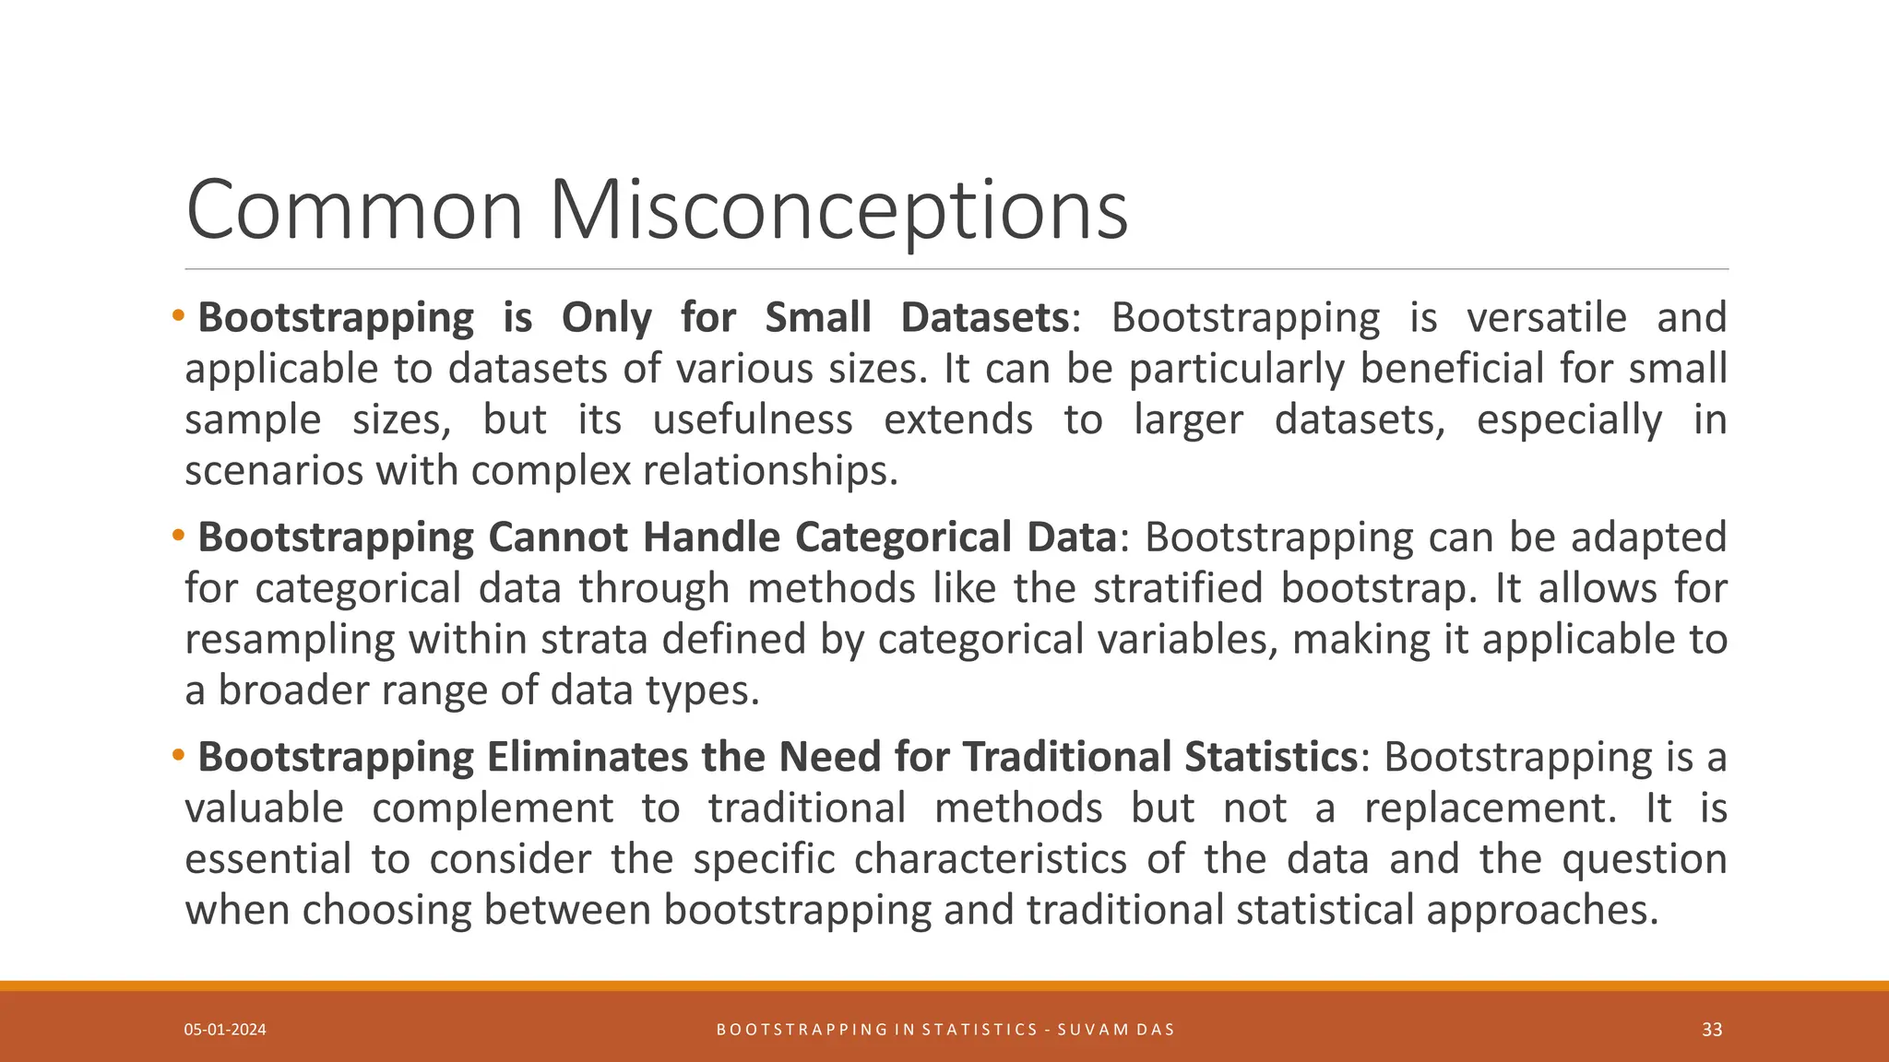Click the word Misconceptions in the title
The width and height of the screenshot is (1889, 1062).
(x=838, y=210)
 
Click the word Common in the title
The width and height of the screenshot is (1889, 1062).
(x=354, y=210)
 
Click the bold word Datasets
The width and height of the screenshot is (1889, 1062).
(x=984, y=317)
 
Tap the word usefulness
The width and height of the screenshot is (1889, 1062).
(x=753, y=419)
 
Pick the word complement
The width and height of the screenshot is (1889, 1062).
(x=493, y=808)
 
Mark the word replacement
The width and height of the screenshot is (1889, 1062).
(x=1491, y=808)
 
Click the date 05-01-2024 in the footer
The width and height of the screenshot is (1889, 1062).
(x=225, y=1030)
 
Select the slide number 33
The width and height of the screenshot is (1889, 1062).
(x=1712, y=1030)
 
